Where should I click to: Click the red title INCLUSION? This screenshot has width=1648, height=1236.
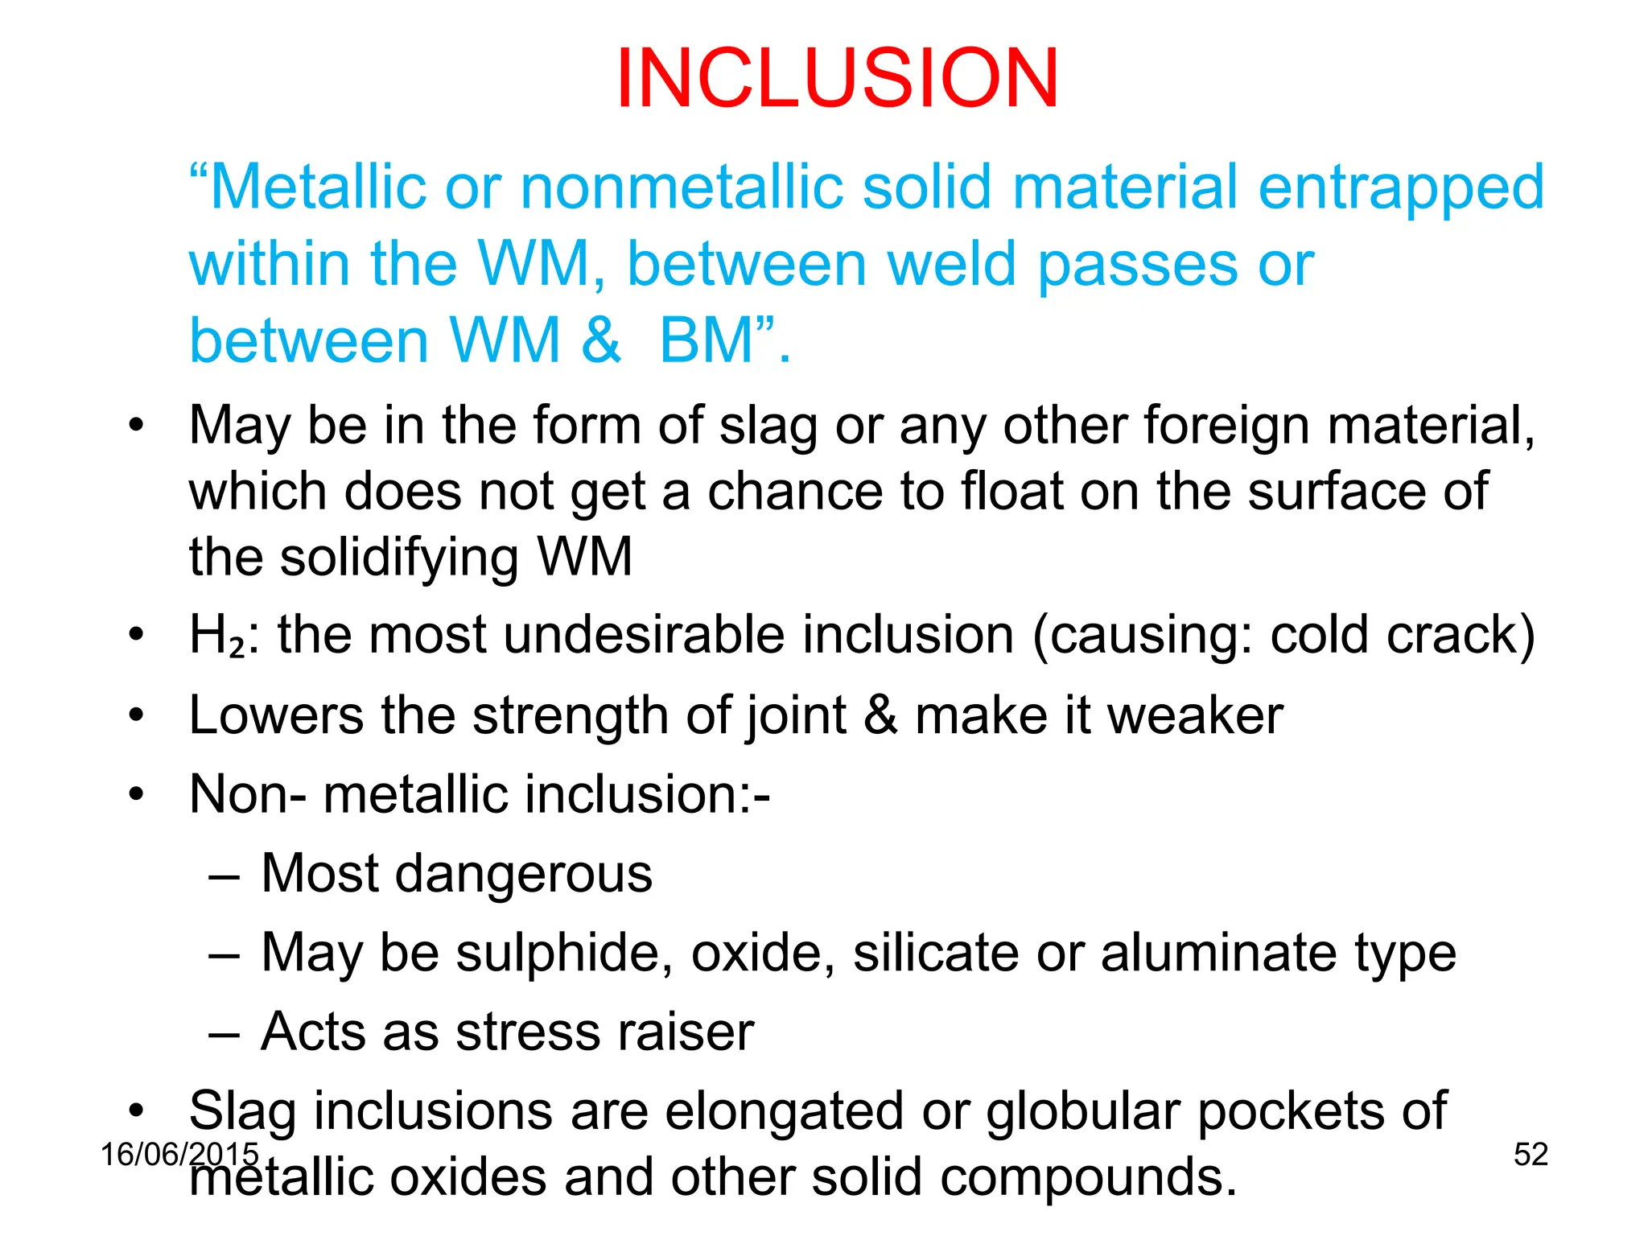click(837, 78)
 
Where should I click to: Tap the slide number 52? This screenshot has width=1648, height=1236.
click(1531, 1155)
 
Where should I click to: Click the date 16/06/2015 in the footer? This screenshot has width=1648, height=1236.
click(179, 1155)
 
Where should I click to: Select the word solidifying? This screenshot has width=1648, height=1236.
click(399, 558)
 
